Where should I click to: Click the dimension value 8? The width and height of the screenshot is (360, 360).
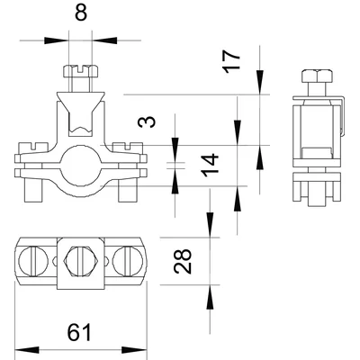[81, 13]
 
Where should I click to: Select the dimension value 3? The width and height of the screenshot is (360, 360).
[147, 121]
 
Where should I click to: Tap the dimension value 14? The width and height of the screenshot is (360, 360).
[210, 165]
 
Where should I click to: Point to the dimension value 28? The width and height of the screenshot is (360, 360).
[183, 261]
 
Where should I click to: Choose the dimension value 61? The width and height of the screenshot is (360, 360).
[79, 332]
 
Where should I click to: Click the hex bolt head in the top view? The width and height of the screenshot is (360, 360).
[80, 261]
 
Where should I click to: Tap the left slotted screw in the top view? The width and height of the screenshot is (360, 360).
[33, 261]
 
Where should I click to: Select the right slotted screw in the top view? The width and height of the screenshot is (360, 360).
[128, 261]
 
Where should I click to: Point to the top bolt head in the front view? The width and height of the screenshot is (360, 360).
[81, 71]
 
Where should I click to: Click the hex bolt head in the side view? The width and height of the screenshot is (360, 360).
[317, 76]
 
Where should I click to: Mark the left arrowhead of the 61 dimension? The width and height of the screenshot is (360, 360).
[27, 350]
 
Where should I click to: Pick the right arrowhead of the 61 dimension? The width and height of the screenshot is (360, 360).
[134, 350]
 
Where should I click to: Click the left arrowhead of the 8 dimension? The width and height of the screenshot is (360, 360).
[57, 40]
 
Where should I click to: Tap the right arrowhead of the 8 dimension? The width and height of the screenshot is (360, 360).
[104, 40]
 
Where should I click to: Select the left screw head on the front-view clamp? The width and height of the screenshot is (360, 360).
[33, 148]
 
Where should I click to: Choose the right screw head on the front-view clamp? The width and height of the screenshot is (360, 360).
[128, 148]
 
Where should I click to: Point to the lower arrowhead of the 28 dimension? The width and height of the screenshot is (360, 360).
[210, 297]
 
